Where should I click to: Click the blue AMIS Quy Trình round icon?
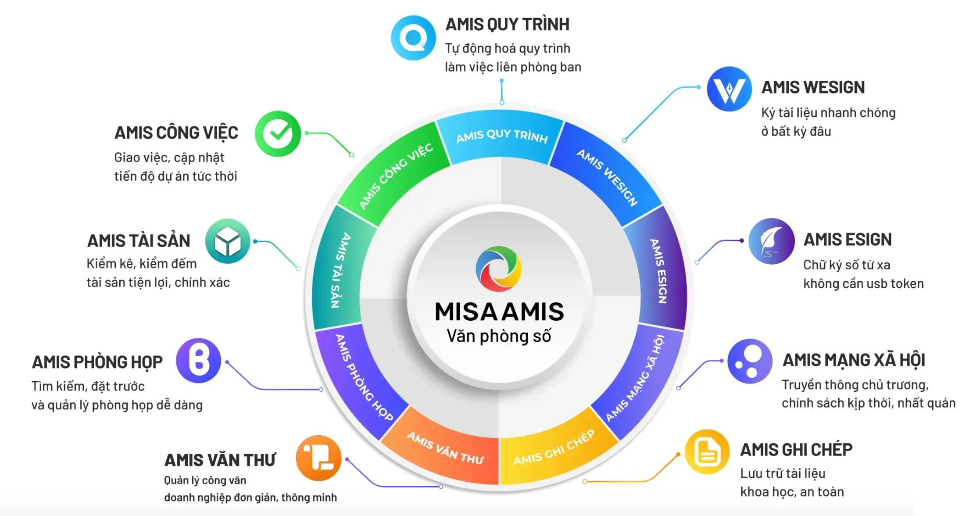click(413, 38)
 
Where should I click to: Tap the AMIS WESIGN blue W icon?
click(729, 89)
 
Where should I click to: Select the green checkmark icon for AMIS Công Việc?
click(278, 133)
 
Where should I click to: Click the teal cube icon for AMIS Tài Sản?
click(227, 241)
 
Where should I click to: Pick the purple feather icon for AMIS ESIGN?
click(771, 241)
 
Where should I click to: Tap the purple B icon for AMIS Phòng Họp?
click(198, 361)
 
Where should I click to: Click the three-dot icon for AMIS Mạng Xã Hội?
click(749, 361)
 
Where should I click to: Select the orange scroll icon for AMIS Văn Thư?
click(319, 458)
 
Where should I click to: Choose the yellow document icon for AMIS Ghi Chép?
click(707, 451)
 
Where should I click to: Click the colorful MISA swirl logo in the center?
click(499, 269)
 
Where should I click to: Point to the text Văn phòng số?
click(499, 336)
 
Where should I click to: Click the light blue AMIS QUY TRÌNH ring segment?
click(501, 136)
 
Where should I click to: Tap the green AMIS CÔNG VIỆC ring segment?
click(395, 176)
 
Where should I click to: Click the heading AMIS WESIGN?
click(813, 87)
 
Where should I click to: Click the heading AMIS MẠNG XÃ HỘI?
click(854, 360)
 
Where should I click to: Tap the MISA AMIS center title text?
click(499, 312)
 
